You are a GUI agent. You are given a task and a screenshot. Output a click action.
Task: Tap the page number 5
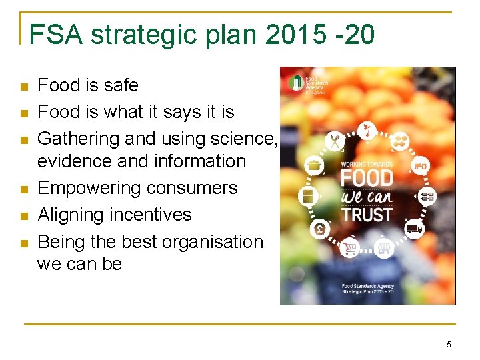449,344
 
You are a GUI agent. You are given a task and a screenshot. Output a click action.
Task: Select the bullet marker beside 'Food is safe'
24,87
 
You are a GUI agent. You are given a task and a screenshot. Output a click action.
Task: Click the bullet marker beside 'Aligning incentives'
24,216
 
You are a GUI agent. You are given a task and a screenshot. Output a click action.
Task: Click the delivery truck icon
413,229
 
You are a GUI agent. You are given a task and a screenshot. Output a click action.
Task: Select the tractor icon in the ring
421,164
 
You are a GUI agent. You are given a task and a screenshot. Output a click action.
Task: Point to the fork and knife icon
334,141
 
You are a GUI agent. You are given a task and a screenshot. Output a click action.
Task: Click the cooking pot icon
313,164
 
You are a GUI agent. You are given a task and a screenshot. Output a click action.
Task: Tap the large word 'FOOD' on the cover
366,179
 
